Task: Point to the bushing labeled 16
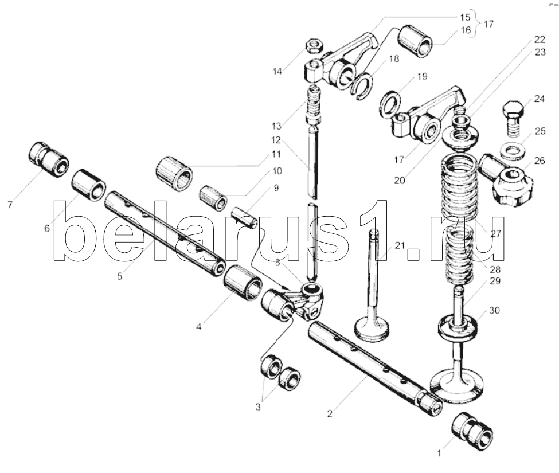click(418, 41)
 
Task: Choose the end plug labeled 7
click(48, 159)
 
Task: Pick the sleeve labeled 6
click(89, 184)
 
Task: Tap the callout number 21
click(399, 245)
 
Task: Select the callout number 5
click(119, 275)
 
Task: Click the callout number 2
click(330, 412)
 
